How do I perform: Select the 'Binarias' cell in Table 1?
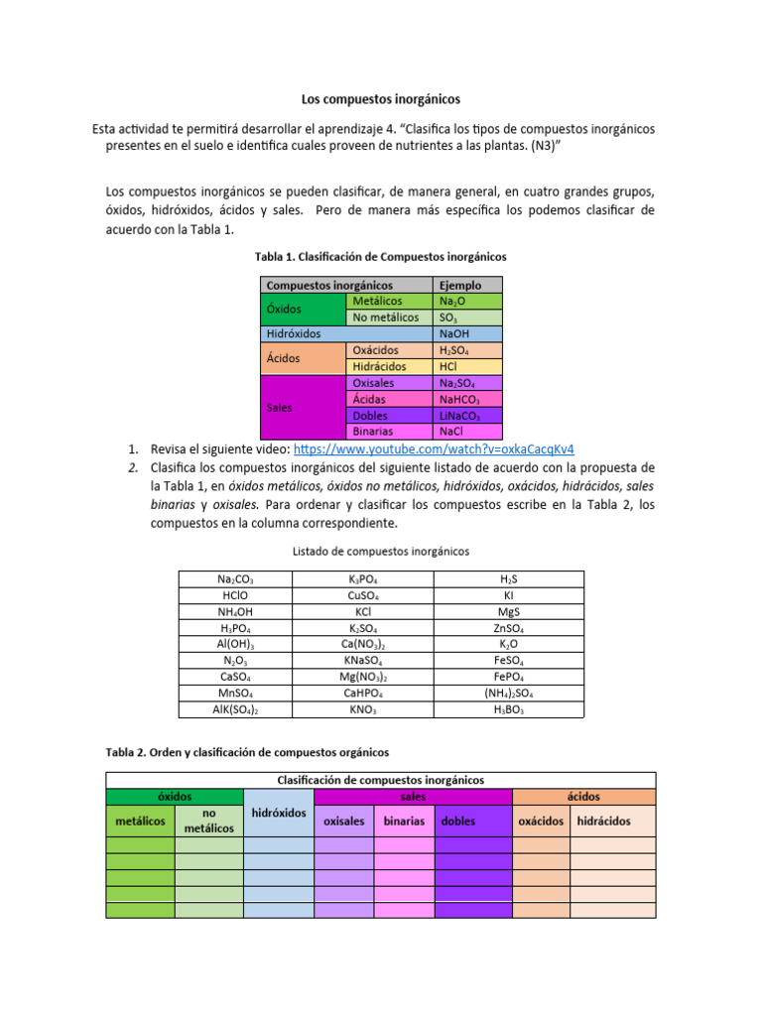(389, 432)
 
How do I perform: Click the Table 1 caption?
(381, 256)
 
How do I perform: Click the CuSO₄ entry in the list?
(364, 596)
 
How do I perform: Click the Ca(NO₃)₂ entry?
(364, 645)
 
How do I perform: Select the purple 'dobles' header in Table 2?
(472, 821)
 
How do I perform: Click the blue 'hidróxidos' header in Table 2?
(279, 813)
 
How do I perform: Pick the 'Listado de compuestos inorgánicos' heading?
(381, 551)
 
